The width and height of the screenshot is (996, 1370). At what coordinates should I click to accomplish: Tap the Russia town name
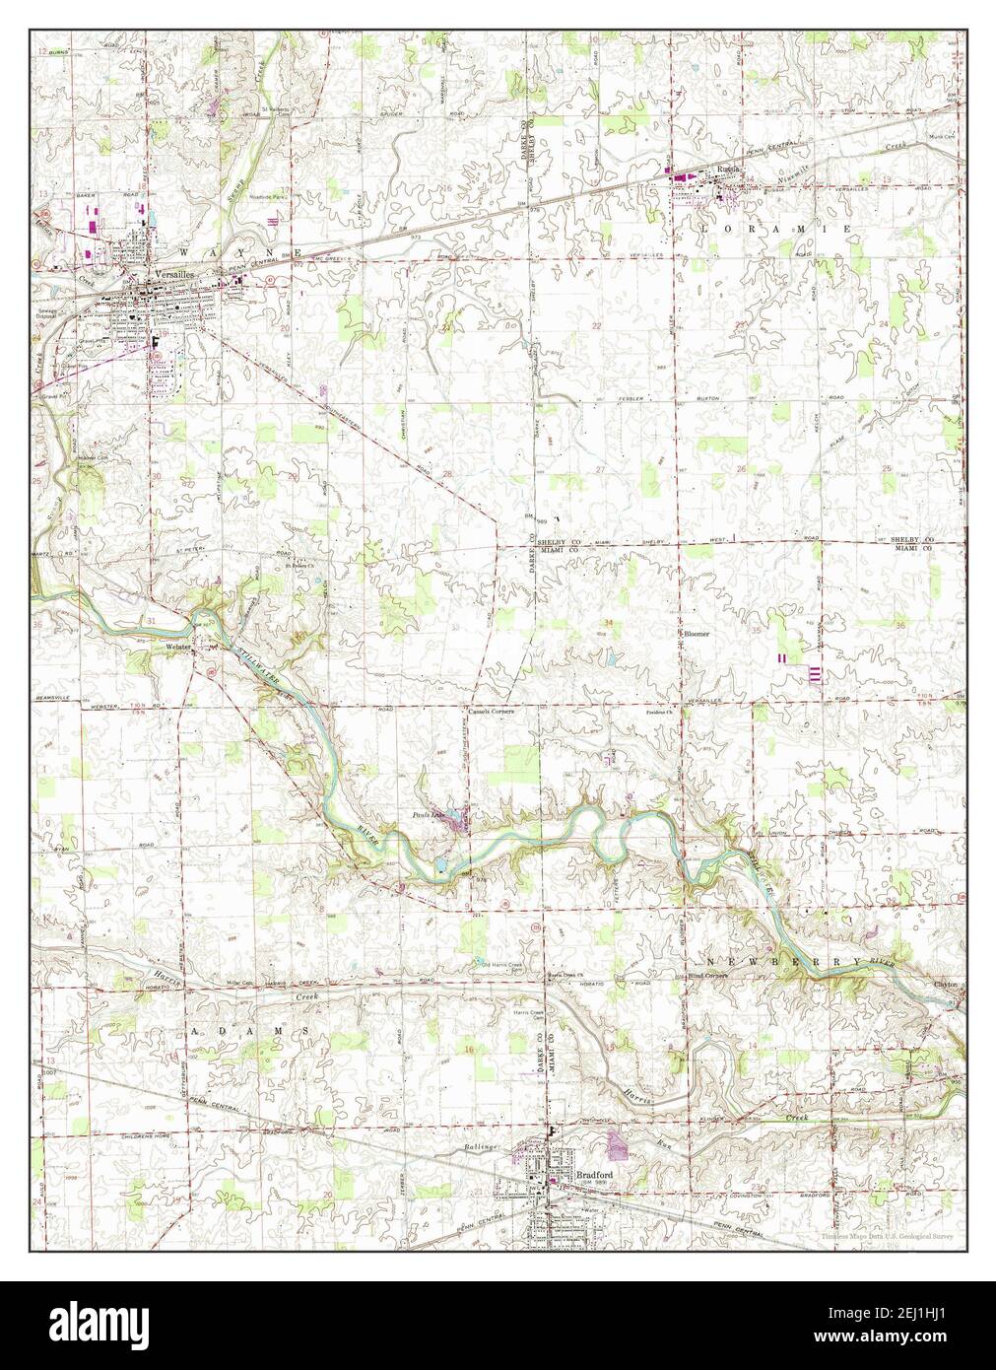(x=728, y=169)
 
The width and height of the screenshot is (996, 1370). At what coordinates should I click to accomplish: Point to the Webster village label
(x=178, y=647)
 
